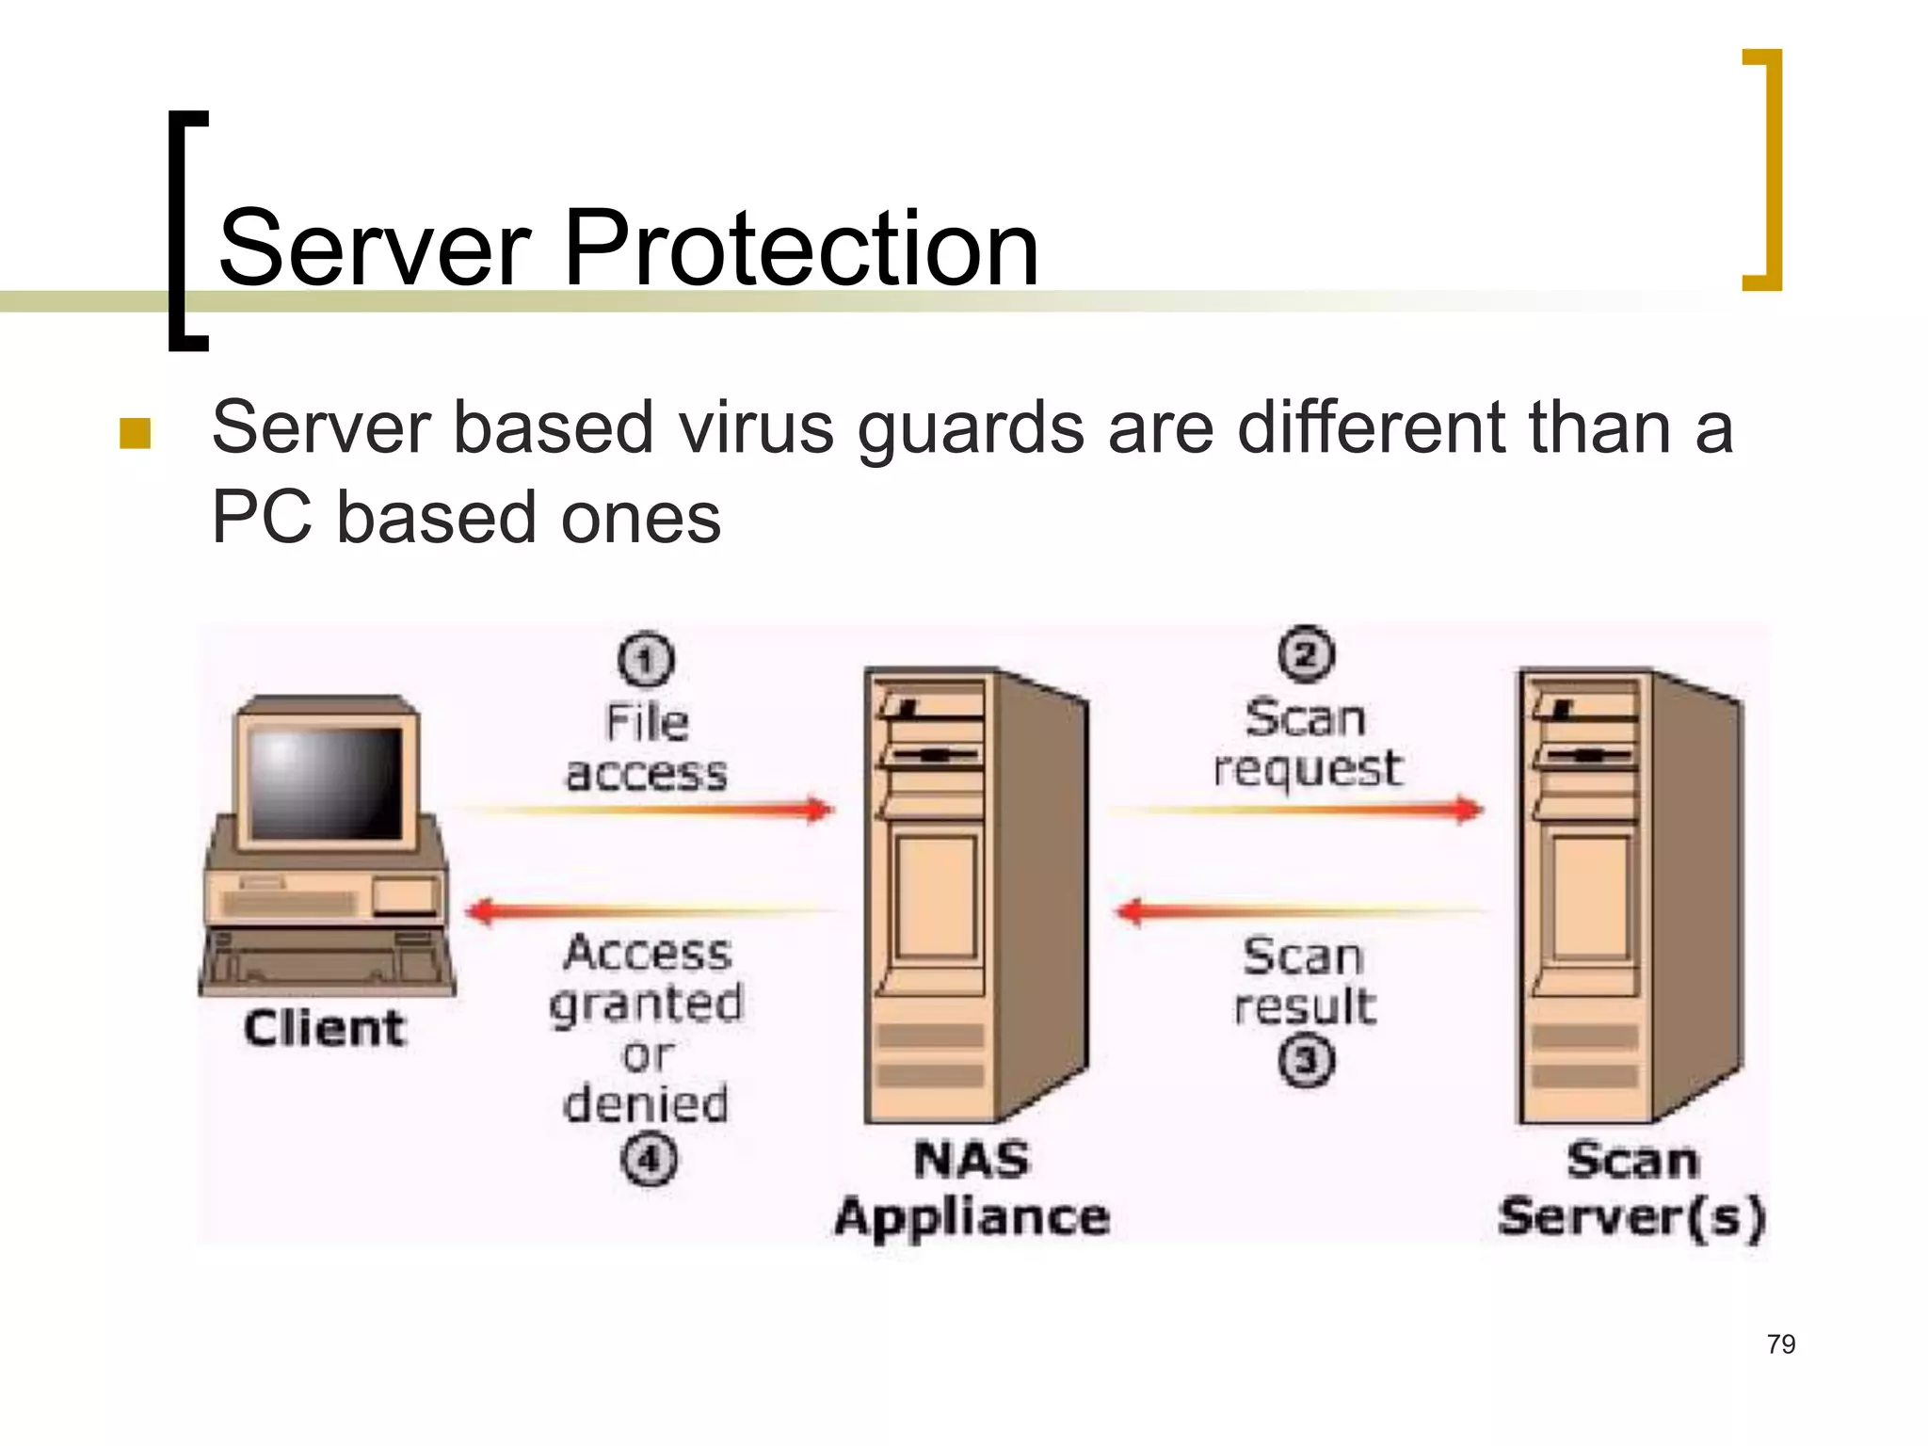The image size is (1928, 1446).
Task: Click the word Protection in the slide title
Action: click(x=800, y=249)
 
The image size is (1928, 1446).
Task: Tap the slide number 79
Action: click(x=1781, y=1344)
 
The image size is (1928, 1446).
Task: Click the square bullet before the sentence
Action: click(x=136, y=433)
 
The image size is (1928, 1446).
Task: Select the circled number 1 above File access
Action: click(x=646, y=659)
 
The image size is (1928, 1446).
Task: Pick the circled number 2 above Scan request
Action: click(x=1306, y=653)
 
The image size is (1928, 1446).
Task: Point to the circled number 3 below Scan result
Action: click(x=1307, y=1061)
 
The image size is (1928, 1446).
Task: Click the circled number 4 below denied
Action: click(x=649, y=1159)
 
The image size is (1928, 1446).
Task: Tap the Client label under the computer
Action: click(x=325, y=1027)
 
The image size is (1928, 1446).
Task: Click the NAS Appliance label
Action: click(x=972, y=1188)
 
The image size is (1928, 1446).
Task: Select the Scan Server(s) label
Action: click(x=1631, y=1188)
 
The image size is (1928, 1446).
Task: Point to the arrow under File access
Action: click(x=650, y=810)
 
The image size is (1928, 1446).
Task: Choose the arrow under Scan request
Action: click(x=1299, y=810)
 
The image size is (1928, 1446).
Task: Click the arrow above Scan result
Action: click(x=1299, y=911)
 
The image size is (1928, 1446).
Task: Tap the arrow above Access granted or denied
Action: click(x=650, y=911)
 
